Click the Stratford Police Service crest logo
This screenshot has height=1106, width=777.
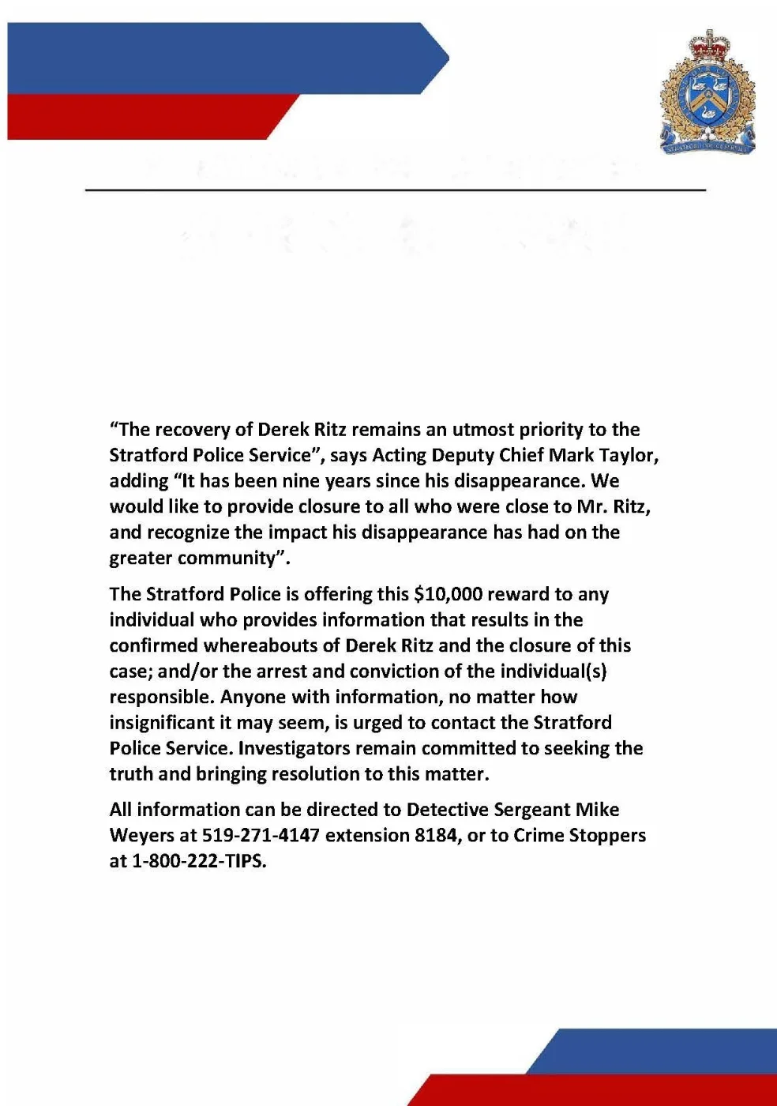708,92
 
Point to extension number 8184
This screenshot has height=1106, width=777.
436,835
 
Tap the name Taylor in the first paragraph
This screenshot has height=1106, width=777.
628,455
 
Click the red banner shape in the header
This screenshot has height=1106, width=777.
142,117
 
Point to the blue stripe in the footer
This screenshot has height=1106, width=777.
655,1051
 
